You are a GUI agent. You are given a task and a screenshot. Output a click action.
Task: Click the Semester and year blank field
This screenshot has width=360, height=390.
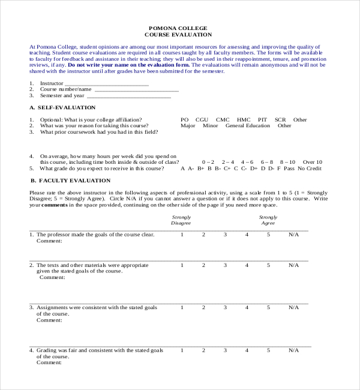(128, 97)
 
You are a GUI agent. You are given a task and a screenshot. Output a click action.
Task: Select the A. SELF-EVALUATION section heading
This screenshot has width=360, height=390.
(62, 107)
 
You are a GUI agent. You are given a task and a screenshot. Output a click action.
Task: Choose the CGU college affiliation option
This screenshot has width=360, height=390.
(202, 120)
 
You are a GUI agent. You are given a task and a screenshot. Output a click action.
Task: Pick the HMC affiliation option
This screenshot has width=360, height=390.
(244, 120)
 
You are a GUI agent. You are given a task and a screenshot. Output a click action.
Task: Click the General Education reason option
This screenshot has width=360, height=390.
(248, 126)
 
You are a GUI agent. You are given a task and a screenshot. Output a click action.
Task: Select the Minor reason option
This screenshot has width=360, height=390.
(211, 126)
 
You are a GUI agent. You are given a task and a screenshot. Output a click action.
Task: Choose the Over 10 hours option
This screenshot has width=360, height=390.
(313, 162)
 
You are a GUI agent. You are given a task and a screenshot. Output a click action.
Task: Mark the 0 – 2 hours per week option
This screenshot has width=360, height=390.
(208, 162)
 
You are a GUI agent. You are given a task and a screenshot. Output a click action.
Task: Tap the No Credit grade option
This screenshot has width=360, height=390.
(310, 169)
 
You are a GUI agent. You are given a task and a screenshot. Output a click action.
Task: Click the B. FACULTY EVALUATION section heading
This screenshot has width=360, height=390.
(70, 181)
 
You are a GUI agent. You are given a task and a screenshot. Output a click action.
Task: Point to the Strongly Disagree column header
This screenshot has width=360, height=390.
(181, 220)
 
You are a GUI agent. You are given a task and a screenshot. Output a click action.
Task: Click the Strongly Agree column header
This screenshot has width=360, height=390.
(268, 220)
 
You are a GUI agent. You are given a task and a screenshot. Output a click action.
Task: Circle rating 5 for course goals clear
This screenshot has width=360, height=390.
(269, 235)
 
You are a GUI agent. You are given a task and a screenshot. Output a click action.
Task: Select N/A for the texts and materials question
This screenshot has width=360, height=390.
(293, 265)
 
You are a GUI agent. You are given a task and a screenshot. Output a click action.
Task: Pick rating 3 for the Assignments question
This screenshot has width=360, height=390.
(226, 307)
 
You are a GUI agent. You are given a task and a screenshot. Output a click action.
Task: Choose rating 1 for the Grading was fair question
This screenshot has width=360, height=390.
(182, 350)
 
